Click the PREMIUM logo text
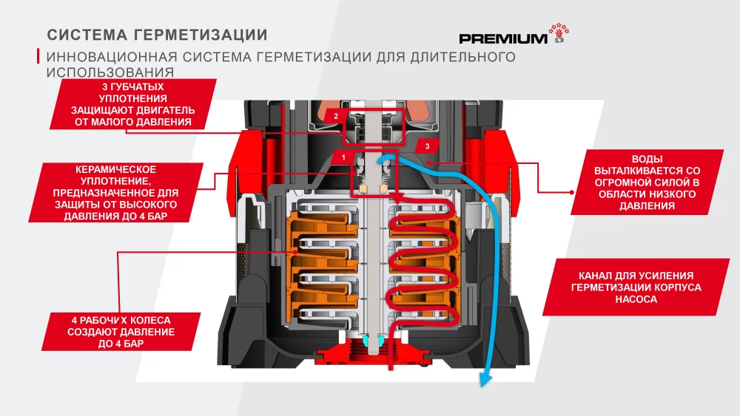click(x=503, y=38)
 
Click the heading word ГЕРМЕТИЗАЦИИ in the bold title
click(x=199, y=35)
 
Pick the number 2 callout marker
click(x=335, y=117)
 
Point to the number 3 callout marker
click(x=426, y=146)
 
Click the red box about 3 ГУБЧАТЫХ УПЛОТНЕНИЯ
click(x=135, y=103)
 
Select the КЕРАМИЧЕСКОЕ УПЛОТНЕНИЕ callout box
click(x=116, y=192)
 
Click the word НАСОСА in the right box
click(x=636, y=301)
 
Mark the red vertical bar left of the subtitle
click(x=38, y=57)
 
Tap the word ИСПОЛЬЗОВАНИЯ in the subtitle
click(x=110, y=72)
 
